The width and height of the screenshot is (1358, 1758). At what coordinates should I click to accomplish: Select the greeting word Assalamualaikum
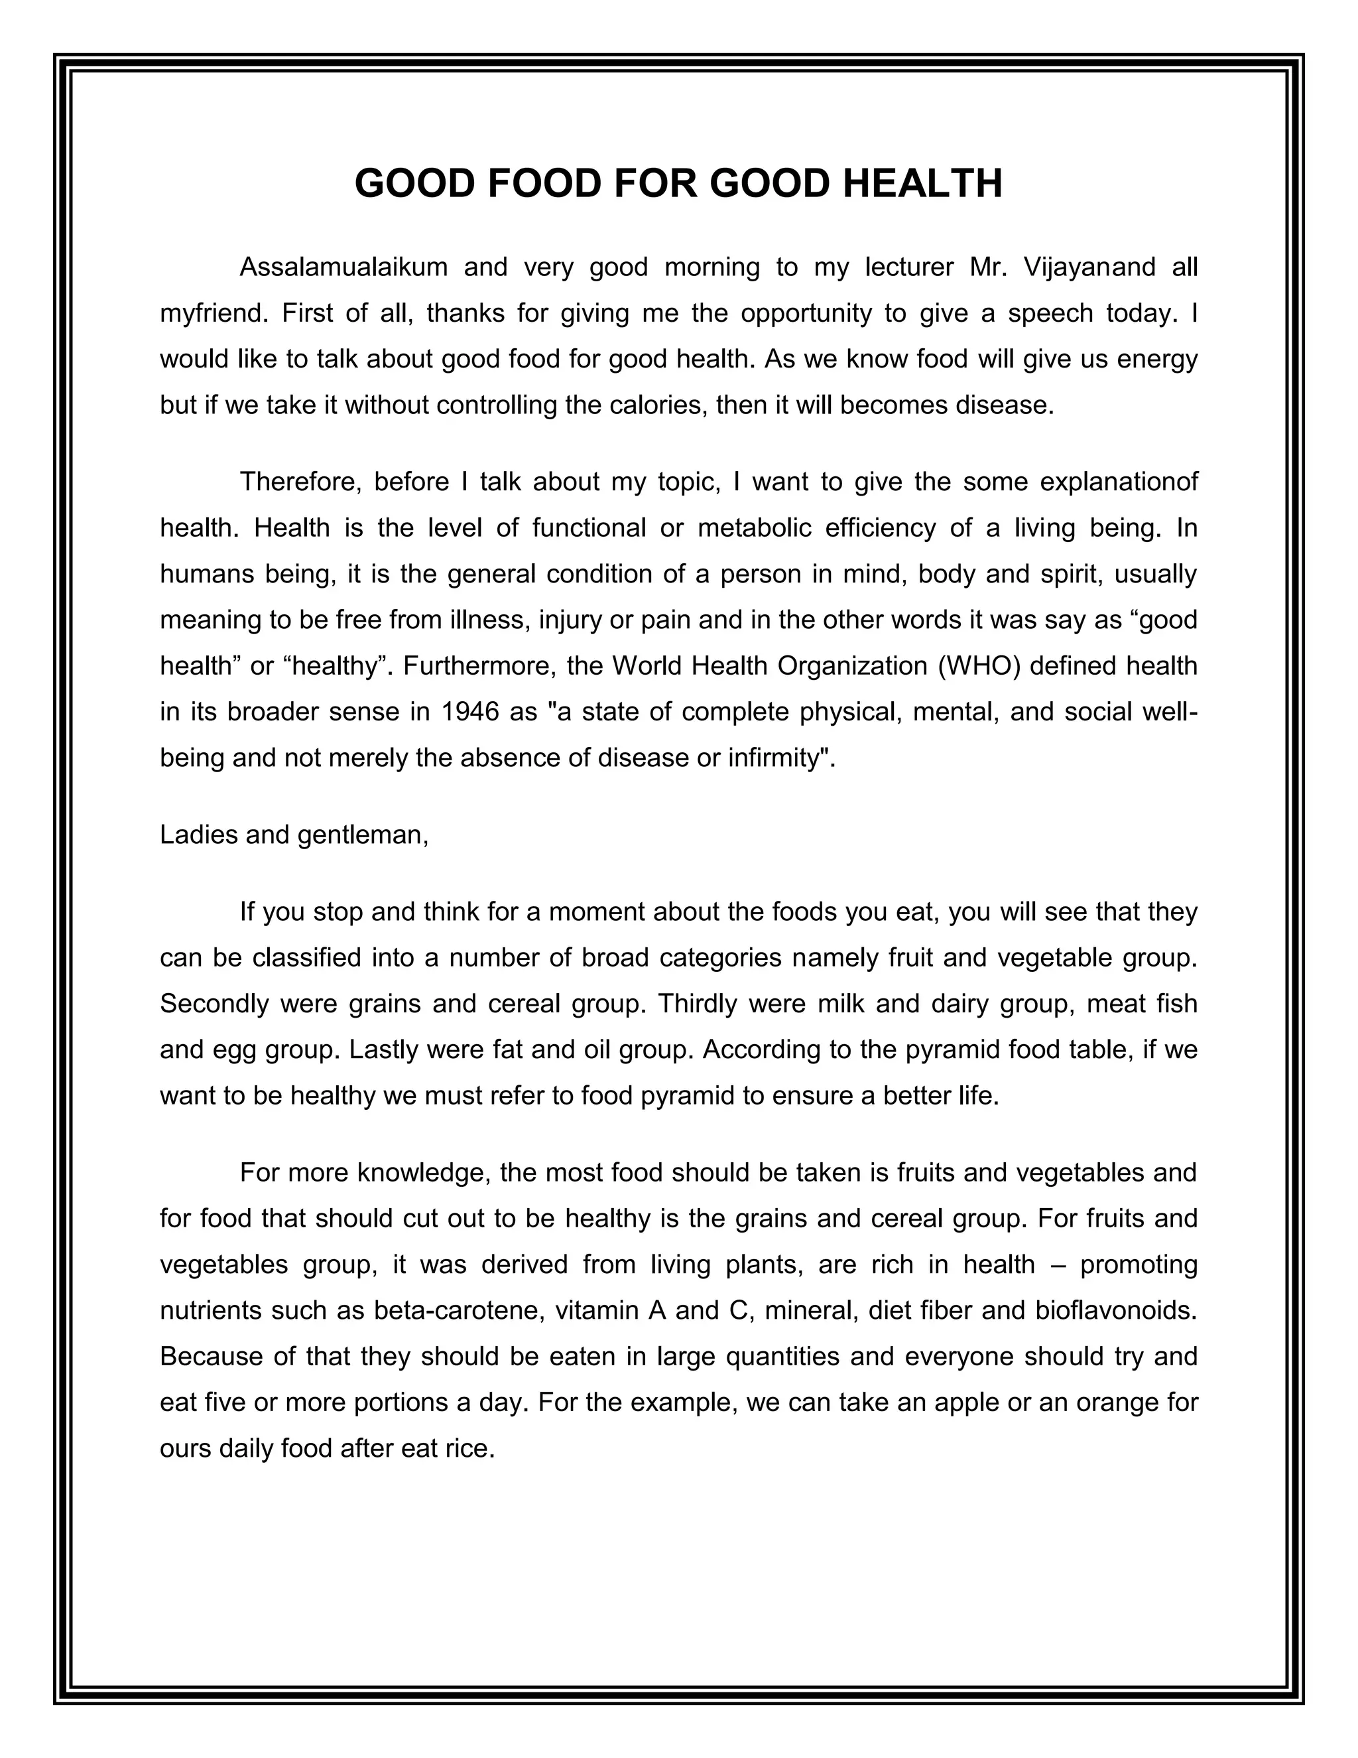click(343, 267)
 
